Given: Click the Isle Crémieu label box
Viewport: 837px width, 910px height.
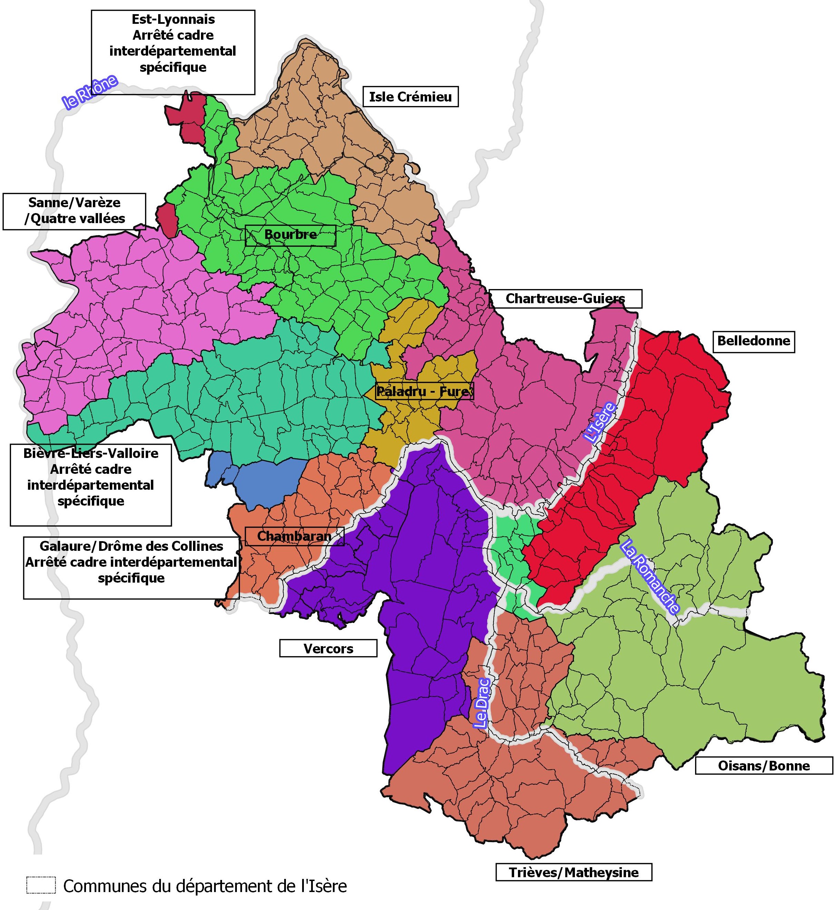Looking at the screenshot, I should [x=410, y=97].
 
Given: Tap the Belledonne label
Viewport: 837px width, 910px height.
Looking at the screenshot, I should [x=754, y=341].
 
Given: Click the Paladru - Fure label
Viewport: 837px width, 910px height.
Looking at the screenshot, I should [x=424, y=391].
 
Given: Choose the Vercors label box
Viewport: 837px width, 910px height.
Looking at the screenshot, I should [x=328, y=649].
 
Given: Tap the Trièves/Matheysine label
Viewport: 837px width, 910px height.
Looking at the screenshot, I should [x=574, y=872].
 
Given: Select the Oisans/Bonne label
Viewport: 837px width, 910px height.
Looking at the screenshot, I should [x=764, y=766].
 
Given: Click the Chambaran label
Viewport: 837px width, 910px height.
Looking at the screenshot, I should [x=295, y=536].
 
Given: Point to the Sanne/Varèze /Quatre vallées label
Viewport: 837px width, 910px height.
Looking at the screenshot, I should [x=74, y=211].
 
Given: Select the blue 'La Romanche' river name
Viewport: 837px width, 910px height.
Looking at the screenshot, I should [x=650, y=577].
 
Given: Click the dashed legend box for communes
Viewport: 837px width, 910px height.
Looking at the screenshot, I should [x=41, y=885].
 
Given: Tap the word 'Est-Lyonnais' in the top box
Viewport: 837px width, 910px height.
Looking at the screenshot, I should [x=173, y=19].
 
